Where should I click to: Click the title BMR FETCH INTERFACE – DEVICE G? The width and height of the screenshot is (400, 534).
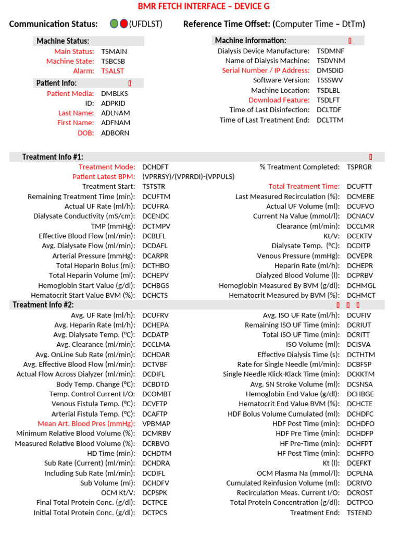pyautogui.click(x=204, y=6)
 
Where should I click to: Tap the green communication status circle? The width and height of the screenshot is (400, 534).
pyautogui.click(x=114, y=23)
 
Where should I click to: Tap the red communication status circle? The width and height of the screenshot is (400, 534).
pyautogui.click(x=123, y=23)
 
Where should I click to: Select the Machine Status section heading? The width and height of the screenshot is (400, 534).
pyautogui.click(x=63, y=41)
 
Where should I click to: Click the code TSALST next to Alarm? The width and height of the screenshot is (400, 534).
pyautogui.click(x=113, y=71)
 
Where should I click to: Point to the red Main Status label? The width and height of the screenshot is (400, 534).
pyautogui.click(x=74, y=51)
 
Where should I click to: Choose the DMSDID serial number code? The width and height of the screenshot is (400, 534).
pyautogui.click(x=330, y=70)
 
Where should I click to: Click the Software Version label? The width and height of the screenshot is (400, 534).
pyautogui.click(x=281, y=80)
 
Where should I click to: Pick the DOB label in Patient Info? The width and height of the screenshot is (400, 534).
pyautogui.click(x=86, y=133)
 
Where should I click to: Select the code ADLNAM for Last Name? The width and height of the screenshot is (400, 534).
pyautogui.click(x=116, y=113)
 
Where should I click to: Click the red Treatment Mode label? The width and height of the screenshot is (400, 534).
pyautogui.click(x=107, y=167)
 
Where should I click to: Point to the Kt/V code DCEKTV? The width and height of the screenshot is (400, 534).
pyautogui.click(x=360, y=236)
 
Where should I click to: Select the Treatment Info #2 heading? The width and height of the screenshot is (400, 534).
pyautogui.click(x=43, y=305)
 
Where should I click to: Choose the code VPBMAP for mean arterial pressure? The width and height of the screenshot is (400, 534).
pyautogui.click(x=156, y=424)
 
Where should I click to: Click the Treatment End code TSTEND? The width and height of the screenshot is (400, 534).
pyautogui.click(x=359, y=513)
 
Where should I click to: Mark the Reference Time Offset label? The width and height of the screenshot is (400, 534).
pyautogui.click(x=228, y=24)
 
